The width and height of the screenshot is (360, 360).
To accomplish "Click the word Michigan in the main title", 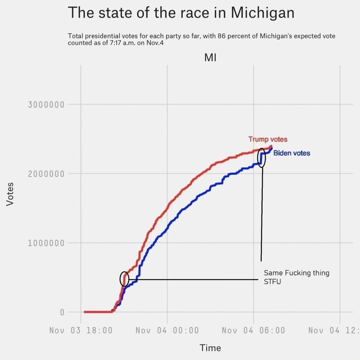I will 263,12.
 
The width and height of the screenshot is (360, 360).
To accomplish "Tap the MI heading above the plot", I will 210,57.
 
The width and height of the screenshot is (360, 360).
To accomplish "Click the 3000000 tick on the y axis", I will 47,104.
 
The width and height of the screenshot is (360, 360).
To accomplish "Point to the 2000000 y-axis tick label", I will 47,173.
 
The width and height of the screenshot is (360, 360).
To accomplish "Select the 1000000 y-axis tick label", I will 47,243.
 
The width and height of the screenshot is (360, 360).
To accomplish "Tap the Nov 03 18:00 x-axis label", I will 81,330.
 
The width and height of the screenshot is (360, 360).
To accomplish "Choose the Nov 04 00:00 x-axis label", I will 167,330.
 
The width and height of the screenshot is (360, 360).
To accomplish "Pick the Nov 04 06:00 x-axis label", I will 254,330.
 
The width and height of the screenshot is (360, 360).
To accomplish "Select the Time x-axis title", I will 210,348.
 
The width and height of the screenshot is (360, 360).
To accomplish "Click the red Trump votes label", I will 268,139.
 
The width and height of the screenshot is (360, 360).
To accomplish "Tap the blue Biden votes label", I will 291,153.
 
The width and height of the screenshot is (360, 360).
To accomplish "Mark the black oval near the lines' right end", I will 262,157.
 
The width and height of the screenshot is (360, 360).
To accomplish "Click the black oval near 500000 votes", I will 124,278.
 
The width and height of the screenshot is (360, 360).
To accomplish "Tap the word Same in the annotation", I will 273,273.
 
